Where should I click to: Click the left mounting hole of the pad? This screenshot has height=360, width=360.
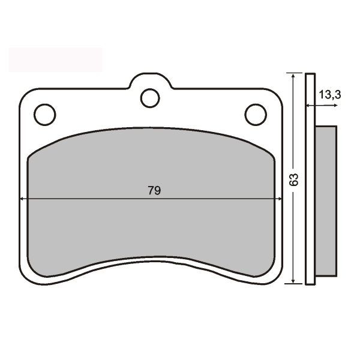pos(44,114)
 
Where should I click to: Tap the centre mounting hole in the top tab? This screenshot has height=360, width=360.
pos(150,97)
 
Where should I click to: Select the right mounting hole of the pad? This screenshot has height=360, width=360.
pos(256,114)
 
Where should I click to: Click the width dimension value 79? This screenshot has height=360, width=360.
pos(154,191)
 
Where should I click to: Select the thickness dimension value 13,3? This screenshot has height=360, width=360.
pos(330,94)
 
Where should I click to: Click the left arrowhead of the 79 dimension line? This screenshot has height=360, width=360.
pos(23,199)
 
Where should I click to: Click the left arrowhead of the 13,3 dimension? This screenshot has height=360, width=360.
pos(309,106)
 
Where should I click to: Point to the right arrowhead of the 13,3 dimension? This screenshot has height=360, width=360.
pos(334,106)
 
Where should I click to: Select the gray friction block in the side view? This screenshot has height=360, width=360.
pos(325,201)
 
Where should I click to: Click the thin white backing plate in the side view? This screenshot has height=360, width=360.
pos(310,180)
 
